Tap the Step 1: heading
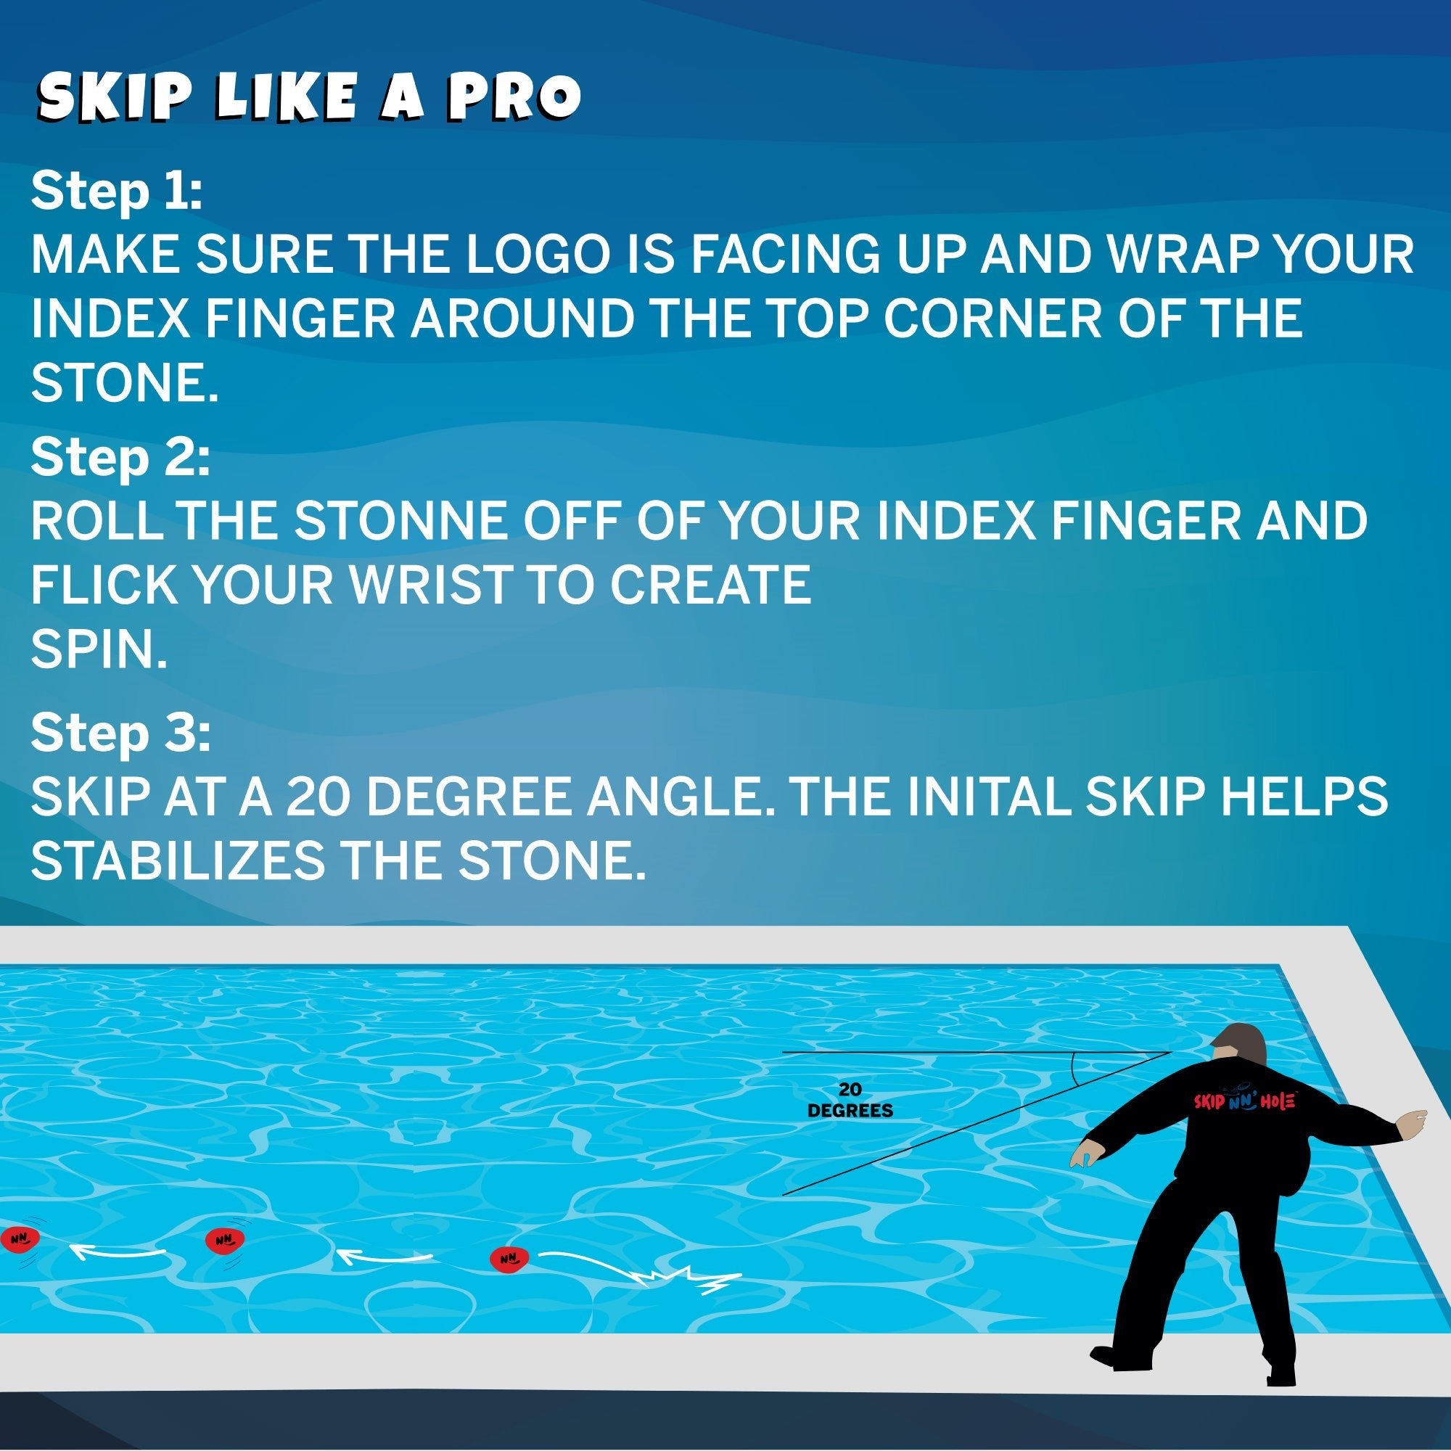(117, 192)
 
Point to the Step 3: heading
(121, 733)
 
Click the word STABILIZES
(178, 860)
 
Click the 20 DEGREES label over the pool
(850, 1101)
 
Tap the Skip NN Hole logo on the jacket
(1244, 1101)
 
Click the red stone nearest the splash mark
(510, 1259)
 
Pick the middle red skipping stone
(226, 1239)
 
